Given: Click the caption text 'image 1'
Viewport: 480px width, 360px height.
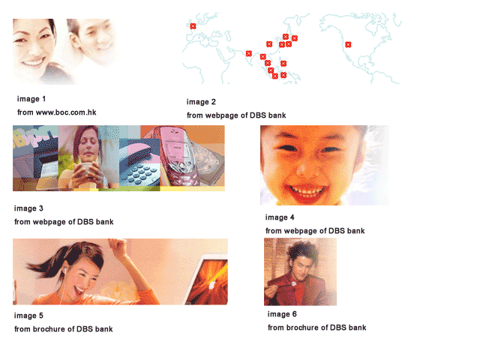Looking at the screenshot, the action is click(x=31, y=99).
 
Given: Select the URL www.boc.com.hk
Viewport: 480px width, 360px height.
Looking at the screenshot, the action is click(x=66, y=112).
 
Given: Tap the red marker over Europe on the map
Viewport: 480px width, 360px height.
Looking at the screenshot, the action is click(x=193, y=26).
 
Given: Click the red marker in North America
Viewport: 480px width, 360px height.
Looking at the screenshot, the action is click(x=348, y=45).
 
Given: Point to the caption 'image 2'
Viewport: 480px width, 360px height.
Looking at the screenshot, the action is click(x=201, y=102).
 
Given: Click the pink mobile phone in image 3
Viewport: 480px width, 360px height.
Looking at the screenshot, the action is click(x=176, y=156).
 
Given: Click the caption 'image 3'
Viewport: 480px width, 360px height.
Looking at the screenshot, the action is click(x=28, y=208).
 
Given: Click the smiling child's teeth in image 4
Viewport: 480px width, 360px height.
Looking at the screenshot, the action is click(x=307, y=192).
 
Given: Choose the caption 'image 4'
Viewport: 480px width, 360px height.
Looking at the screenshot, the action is click(x=280, y=217).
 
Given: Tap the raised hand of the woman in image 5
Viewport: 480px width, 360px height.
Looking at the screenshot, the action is click(x=119, y=247).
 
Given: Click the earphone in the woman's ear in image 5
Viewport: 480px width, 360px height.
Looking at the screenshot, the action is click(x=65, y=269).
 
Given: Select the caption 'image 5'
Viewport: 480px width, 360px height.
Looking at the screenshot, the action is click(x=28, y=316).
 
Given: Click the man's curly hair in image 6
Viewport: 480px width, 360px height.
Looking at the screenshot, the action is click(x=301, y=251).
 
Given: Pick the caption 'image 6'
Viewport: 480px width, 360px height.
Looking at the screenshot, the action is click(x=282, y=314).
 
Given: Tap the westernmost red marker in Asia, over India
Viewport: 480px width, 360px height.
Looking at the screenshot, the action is click(x=249, y=53).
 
